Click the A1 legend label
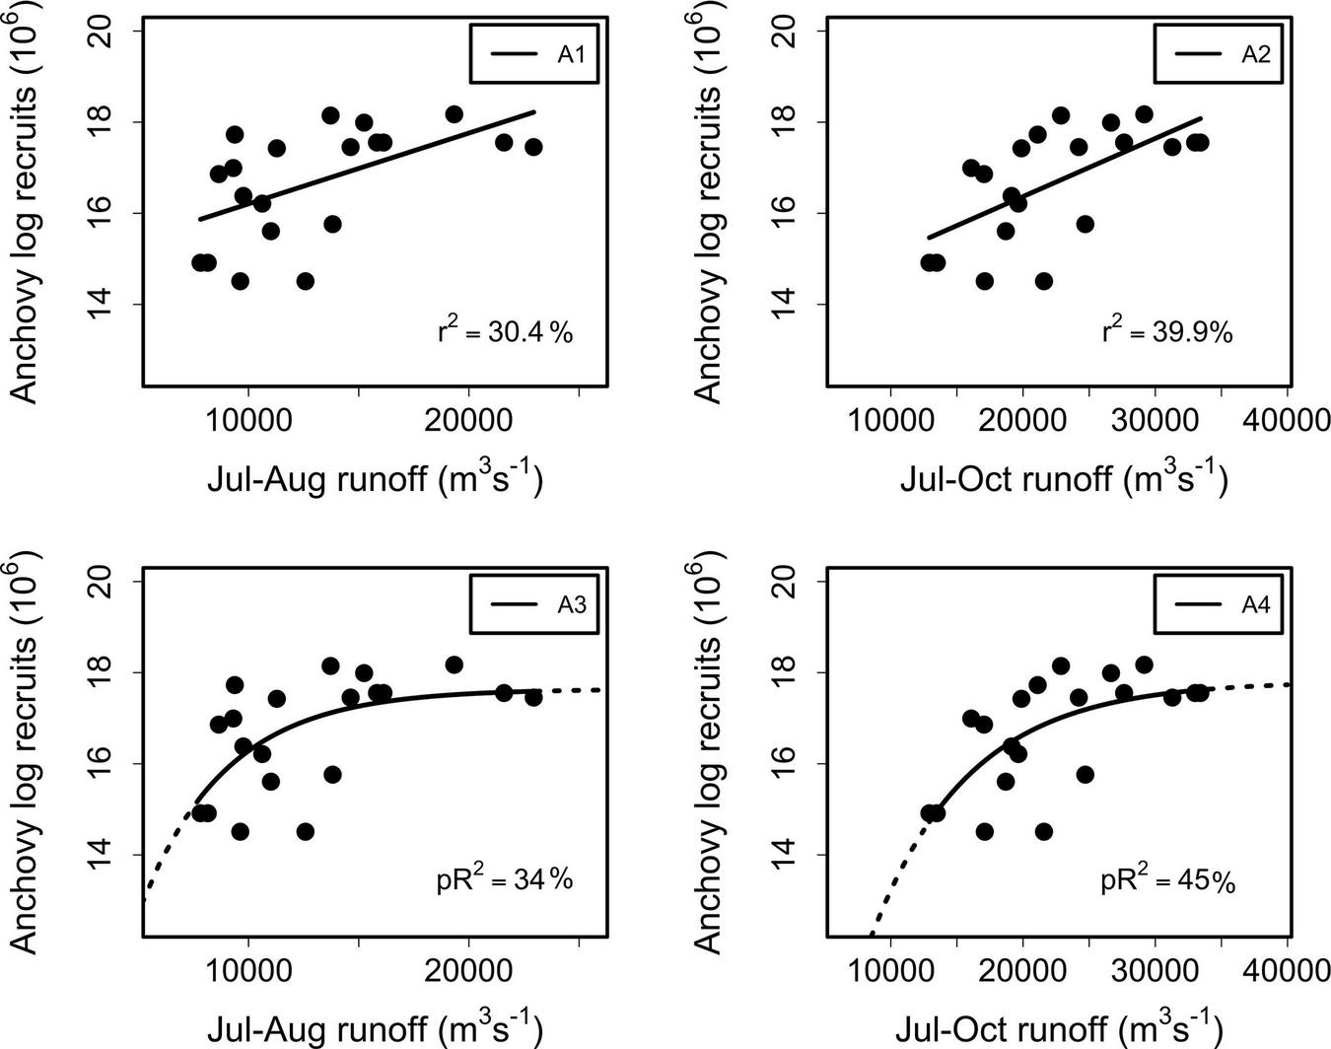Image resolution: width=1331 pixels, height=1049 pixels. click(x=571, y=54)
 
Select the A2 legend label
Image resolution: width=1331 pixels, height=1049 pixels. click(x=1255, y=54)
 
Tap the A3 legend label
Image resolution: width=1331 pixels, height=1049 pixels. click(x=571, y=604)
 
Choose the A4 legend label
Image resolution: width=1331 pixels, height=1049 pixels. click(x=1255, y=604)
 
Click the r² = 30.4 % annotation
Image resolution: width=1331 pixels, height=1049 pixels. click(x=505, y=331)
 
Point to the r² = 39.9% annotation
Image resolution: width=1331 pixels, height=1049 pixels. click(x=1167, y=331)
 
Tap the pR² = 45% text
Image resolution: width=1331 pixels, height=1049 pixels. click(x=1167, y=879)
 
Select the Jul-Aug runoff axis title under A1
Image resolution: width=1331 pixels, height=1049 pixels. click(x=375, y=478)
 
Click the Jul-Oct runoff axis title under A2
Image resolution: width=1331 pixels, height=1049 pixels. click(x=1063, y=478)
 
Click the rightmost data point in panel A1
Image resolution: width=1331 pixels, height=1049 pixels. click(x=533, y=147)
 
